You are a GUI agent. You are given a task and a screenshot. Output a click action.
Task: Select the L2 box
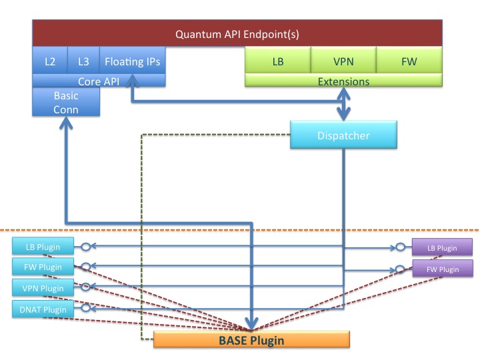click(49, 61)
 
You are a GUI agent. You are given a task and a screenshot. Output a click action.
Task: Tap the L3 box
click(83, 61)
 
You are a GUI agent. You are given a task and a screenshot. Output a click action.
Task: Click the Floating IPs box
click(133, 61)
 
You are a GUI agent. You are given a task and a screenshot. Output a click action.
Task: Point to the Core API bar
click(99, 81)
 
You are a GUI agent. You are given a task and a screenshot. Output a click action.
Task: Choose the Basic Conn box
click(66, 102)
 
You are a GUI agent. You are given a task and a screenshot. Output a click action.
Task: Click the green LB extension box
click(278, 61)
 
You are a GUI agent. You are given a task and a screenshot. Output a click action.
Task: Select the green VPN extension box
click(343, 61)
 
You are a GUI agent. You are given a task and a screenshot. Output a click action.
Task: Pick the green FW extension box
click(409, 61)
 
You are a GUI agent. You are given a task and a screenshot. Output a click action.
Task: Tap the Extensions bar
click(343, 81)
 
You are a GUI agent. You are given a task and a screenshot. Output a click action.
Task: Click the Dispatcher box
click(343, 135)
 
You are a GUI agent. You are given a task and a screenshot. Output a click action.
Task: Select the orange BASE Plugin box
click(251, 340)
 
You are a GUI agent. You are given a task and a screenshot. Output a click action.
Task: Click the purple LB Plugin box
click(442, 248)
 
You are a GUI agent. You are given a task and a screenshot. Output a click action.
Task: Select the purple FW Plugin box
click(442, 269)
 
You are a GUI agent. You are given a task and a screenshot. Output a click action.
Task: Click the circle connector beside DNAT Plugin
click(85, 309)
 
